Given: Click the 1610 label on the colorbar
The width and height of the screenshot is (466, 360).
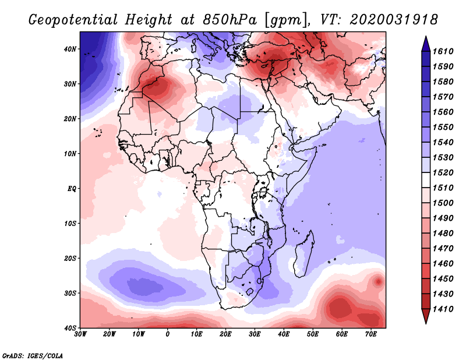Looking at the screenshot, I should (x=444, y=51).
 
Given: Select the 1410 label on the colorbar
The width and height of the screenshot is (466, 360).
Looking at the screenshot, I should (x=444, y=309).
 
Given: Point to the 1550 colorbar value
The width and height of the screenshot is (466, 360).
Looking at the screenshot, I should (x=444, y=127).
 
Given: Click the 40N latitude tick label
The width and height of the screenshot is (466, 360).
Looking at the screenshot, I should (x=70, y=49).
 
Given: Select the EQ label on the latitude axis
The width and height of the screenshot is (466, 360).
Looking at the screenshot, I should (x=72, y=188).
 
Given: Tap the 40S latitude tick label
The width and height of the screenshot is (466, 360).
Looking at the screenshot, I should (x=70, y=327).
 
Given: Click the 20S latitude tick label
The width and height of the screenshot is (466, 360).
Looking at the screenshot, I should (x=70, y=258).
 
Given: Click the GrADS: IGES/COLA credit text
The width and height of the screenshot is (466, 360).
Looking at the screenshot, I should (x=33, y=355).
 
